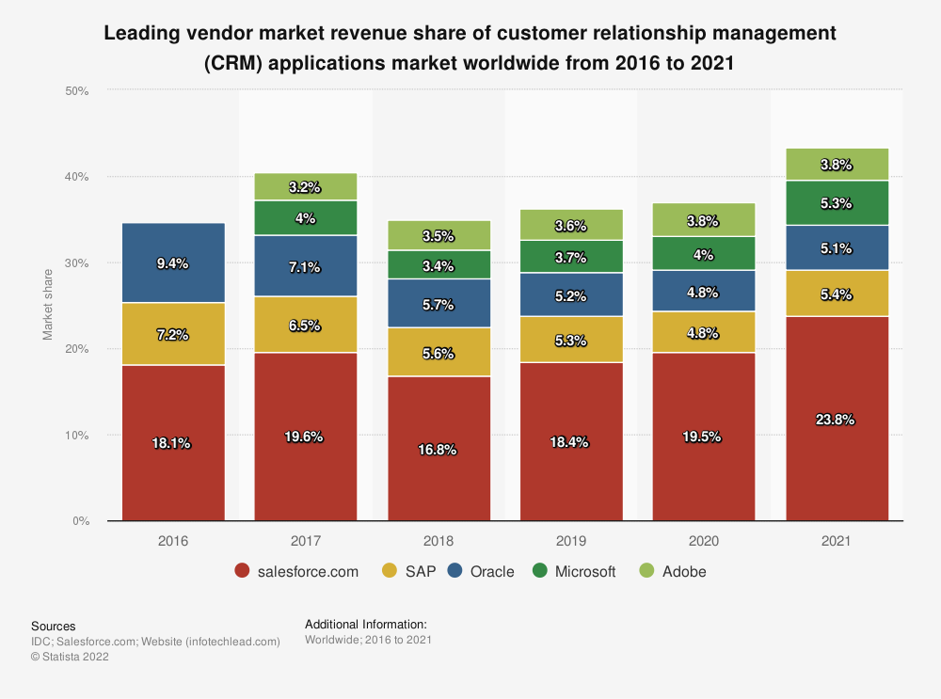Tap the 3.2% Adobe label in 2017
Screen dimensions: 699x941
click(x=306, y=187)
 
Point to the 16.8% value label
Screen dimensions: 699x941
click(x=439, y=450)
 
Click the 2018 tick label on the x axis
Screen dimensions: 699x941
click(x=439, y=542)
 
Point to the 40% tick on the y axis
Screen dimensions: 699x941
click(x=76, y=177)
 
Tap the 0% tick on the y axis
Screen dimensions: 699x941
click(x=80, y=521)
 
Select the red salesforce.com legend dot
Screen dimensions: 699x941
click(x=242, y=571)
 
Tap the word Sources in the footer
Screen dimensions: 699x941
click(x=53, y=626)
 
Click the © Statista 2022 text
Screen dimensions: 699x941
click(x=70, y=658)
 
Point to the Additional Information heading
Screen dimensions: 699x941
click(x=366, y=624)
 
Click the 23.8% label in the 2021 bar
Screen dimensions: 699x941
click(x=837, y=420)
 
